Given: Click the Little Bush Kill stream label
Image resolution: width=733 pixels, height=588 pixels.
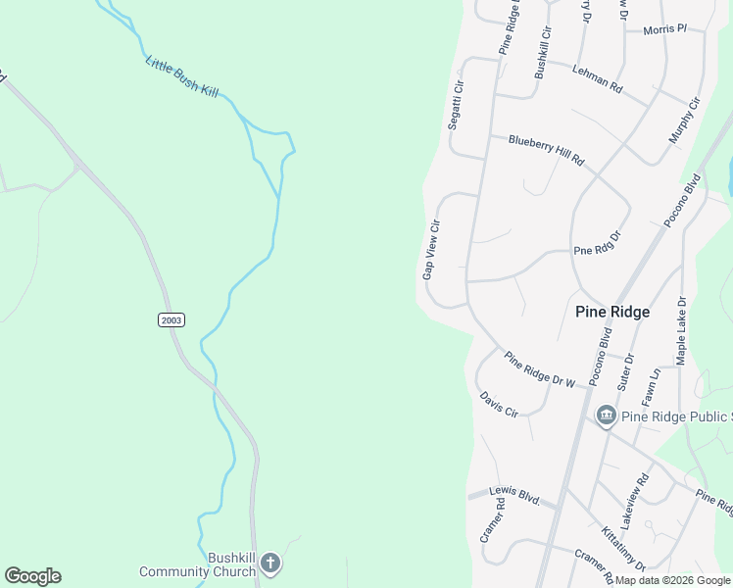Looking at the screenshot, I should (182, 76).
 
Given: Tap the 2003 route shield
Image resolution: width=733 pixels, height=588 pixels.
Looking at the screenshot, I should (171, 319).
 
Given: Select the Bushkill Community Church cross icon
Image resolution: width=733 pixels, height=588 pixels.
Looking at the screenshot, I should (270, 563).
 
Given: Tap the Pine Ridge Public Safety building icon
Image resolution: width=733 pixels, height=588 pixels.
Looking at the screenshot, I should (606, 416).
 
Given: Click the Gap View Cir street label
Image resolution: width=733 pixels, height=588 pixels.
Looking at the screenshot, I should (432, 250).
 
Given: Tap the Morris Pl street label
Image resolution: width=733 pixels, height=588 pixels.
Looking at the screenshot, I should (665, 30).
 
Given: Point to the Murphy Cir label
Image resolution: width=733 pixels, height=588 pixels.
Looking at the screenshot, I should (685, 120).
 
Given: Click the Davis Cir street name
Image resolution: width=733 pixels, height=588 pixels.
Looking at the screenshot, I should (499, 404).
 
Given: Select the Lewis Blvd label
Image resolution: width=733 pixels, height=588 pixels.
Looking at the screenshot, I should (517, 497).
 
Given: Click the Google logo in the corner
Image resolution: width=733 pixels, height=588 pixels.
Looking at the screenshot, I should (32, 576).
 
